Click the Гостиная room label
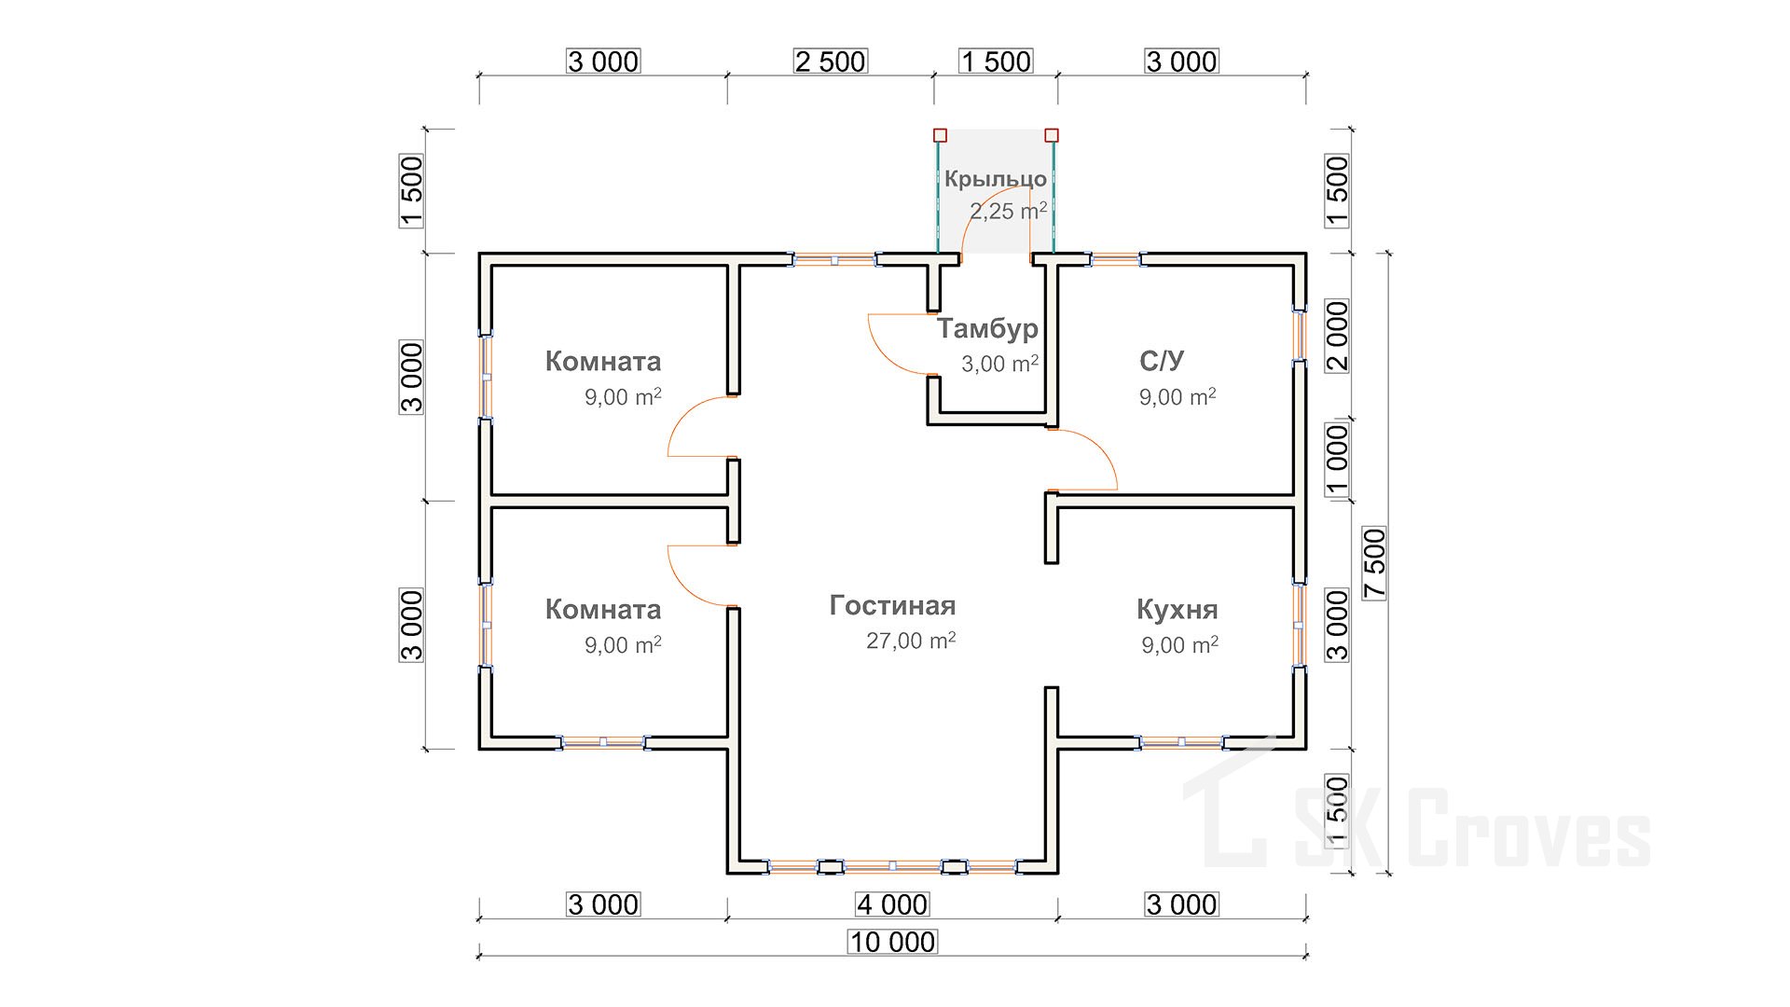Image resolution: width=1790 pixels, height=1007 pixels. tap(892, 606)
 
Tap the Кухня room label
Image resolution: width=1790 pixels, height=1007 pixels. tap(1177, 610)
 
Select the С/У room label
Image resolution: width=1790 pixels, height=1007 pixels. tap(1162, 361)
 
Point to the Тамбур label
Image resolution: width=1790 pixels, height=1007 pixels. tap(987, 328)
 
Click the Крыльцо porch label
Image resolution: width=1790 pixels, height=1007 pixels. tap(995, 179)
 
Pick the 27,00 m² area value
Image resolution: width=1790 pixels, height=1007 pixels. tap(910, 641)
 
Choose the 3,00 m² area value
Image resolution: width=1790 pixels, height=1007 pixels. tap(999, 364)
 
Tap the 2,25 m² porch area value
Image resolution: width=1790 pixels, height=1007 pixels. tap(1007, 212)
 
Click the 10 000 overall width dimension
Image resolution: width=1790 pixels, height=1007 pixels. tap(892, 943)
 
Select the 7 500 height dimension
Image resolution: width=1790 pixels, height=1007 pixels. tap(1375, 563)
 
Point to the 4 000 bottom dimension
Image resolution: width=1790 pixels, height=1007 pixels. tap(892, 904)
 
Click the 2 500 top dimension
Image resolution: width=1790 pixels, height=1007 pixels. tap(830, 62)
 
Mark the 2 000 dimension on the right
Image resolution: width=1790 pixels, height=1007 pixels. tap(1337, 336)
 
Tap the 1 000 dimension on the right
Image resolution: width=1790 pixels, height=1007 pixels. tap(1337, 461)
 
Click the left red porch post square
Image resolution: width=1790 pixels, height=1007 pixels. tap(940, 135)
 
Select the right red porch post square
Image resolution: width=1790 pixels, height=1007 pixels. tap(1052, 135)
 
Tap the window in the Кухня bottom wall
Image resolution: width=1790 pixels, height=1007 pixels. tap(1181, 742)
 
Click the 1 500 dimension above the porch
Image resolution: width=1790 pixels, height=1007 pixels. tap(996, 62)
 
